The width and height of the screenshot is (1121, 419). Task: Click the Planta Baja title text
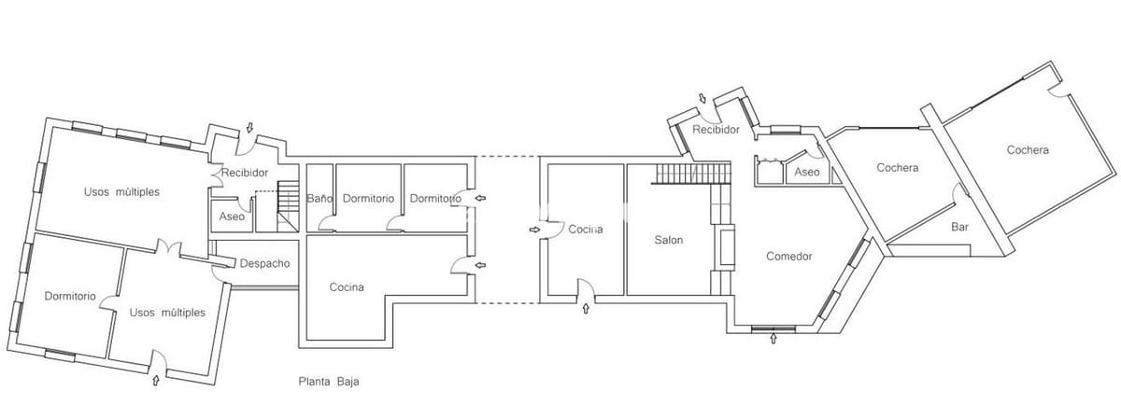pos(329,382)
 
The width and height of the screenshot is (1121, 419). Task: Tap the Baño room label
pos(319,199)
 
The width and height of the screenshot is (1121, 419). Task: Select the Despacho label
pos(264,263)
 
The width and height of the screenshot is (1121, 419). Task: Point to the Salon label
pos(668,240)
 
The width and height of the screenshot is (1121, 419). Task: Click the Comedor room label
pos(788,257)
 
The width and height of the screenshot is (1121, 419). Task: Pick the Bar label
pos(959,227)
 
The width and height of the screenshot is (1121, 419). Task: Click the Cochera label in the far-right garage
pos(1028,150)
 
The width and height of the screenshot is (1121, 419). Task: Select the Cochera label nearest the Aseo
pos(897,168)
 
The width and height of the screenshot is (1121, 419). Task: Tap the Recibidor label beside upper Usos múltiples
pos(245,173)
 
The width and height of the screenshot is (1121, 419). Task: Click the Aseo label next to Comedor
pos(806,173)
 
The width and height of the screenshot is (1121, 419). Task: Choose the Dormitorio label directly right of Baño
pos(368,199)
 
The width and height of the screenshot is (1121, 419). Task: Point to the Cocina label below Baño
pos(347,287)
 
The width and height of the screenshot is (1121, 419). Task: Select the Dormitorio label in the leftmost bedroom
pos(70,296)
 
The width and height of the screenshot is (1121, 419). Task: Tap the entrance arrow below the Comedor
pos(773,339)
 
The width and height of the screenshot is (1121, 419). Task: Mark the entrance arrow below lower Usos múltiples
pos(155,380)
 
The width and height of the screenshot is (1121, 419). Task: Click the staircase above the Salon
pos(691,174)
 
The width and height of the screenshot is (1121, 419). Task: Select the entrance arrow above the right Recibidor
pos(702,98)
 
